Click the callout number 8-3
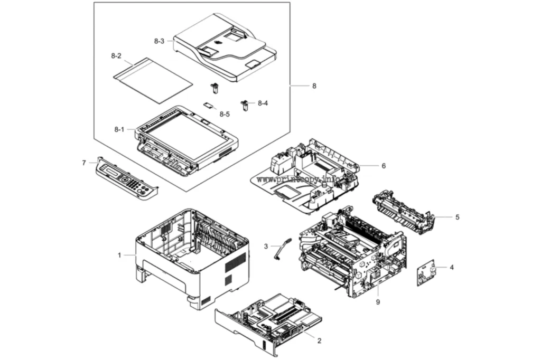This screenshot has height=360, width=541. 159,41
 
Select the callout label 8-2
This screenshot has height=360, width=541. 116,56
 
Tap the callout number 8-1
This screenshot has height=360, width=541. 119,130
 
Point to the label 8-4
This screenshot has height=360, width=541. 263,103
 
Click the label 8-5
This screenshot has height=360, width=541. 225,114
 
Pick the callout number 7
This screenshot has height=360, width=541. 84,163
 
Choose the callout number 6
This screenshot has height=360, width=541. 384,166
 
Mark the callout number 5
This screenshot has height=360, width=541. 458,217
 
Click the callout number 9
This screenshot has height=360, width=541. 378,302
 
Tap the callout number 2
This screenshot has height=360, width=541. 319,340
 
